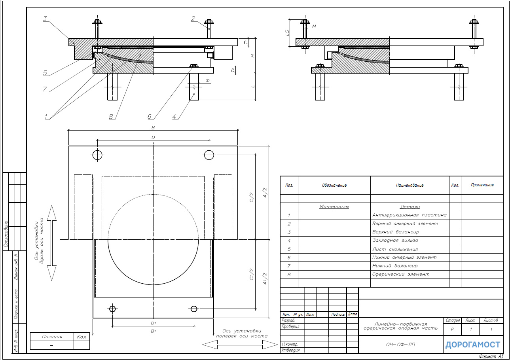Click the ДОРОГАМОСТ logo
[473, 345]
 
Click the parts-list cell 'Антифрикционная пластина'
[410, 215]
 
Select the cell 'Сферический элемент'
[401, 275]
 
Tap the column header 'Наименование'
[410, 186]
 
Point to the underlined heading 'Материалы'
[334, 207]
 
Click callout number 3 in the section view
[45, 19]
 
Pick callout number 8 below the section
[111, 117]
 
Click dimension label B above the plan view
[153, 127]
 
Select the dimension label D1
[153, 323]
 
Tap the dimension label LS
[287, 33]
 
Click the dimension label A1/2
[265, 279]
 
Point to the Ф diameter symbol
[207, 80]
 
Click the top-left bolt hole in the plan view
[97, 155]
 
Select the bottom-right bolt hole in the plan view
[194, 309]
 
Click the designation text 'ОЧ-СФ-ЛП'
[400, 345]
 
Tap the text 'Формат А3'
[491, 356]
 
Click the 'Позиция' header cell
[52, 337]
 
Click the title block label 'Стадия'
[453, 320]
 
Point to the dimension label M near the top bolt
[314, 27]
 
